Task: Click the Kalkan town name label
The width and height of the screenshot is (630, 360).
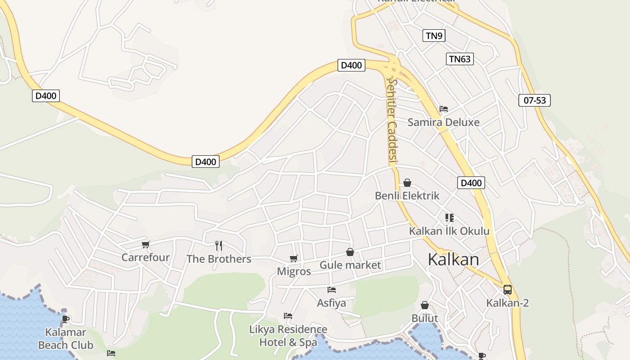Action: pos(453,260)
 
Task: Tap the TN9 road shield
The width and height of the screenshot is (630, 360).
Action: pos(434,36)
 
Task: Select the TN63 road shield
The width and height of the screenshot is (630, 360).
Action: pos(460,59)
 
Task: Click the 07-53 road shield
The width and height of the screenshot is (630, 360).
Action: pos(534,100)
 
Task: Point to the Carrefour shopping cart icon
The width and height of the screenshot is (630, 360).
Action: pos(145,245)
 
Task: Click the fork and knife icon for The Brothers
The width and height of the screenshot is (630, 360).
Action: pos(219,245)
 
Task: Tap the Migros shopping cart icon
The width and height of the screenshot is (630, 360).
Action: pos(293,258)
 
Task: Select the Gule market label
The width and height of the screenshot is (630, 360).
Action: pos(350,265)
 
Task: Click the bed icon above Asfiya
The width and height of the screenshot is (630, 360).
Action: pos(332,290)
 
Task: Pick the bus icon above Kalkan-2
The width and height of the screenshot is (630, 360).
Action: pos(507,290)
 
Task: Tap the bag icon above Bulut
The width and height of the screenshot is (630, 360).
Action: pos(424,306)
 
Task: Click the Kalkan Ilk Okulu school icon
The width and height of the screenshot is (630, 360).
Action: pos(449,218)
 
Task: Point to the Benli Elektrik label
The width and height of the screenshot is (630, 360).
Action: pos(407,196)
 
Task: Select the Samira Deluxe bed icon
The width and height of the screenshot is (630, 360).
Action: pos(443,109)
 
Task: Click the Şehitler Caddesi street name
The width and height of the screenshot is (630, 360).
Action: pos(392,121)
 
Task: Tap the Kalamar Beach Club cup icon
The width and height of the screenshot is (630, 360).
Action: pos(65,319)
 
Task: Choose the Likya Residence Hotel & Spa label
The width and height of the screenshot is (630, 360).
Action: pos(288,336)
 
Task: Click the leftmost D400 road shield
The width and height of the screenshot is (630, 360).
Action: pos(46,95)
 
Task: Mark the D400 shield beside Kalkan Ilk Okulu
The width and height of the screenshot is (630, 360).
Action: pos(471,183)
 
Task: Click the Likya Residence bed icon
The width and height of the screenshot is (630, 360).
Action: pos(288,316)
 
